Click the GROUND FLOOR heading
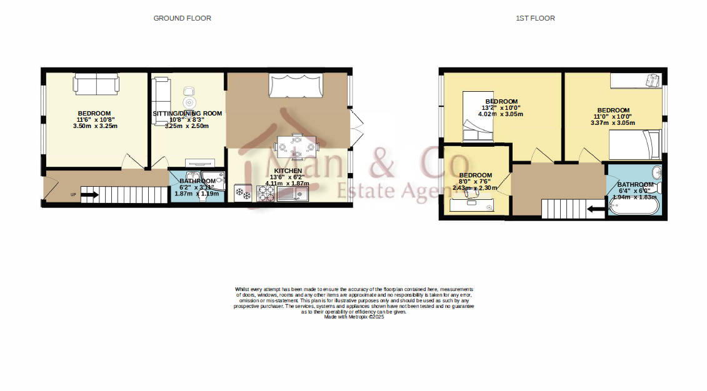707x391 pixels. [x=182, y=18]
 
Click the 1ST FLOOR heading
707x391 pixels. [x=535, y=18]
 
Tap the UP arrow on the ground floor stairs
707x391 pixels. [x=89, y=195]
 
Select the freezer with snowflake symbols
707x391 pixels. [x=243, y=194]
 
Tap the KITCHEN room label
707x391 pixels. [x=288, y=171]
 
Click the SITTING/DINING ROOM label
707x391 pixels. [x=188, y=113]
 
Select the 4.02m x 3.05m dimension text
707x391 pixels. [x=500, y=114]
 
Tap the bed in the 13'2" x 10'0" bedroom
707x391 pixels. [x=476, y=117]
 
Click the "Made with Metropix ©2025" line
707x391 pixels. [x=354, y=317]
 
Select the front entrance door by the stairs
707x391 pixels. [x=44, y=188]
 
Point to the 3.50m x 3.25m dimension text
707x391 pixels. [x=95, y=126]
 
